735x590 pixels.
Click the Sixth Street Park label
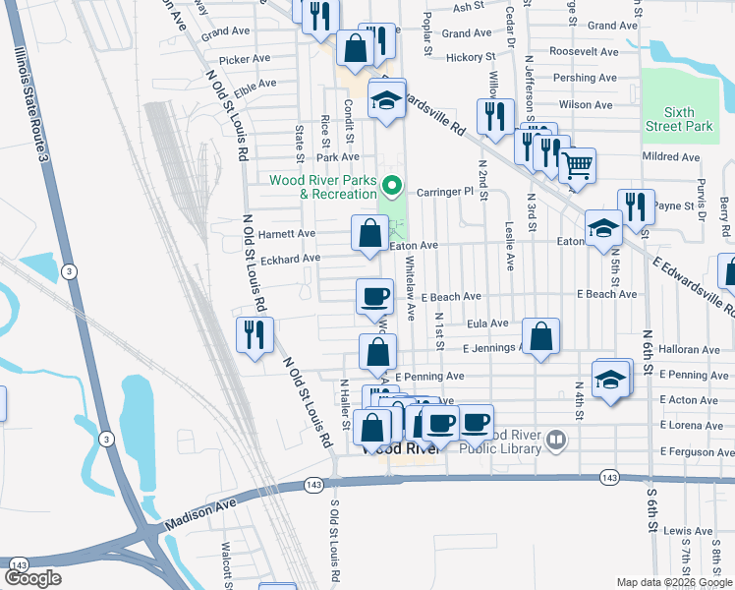pyautogui.click(x=679, y=119)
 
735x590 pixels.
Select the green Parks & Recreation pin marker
pyautogui.click(x=392, y=184)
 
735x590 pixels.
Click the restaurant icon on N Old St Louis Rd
pyautogui.click(x=254, y=334)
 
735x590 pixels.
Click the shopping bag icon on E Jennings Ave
pyautogui.click(x=540, y=336)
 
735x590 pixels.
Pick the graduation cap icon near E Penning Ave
pyautogui.click(x=610, y=379)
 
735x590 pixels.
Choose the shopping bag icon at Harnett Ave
pyautogui.click(x=370, y=233)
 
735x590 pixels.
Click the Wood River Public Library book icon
pyautogui.click(x=557, y=440)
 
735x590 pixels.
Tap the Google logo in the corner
pyautogui.click(x=32, y=578)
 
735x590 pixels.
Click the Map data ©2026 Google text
pyautogui.click(x=674, y=582)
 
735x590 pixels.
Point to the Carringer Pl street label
pyautogui.click(x=447, y=193)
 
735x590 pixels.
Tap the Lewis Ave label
pyautogui.click(x=688, y=530)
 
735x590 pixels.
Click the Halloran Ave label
pyautogui.click(x=690, y=350)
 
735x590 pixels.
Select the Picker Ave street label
pyautogui.click(x=245, y=59)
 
